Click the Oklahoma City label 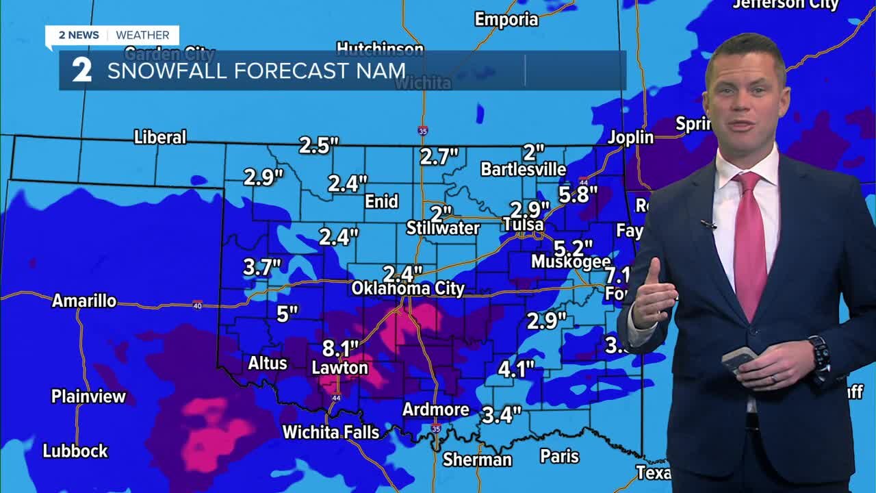click(x=408, y=289)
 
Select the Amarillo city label click(x=84, y=301)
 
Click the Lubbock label click(x=75, y=451)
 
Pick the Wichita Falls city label click(x=331, y=432)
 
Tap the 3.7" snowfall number click(x=263, y=267)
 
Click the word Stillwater click(x=443, y=228)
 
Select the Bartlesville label click(x=524, y=169)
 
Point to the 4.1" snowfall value click(x=516, y=370)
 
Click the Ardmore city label click(x=436, y=409)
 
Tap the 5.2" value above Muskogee click(x=573, y=248)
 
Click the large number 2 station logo click(x=82, y=71)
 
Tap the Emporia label click(x=506, y=19)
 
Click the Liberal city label click(x=160, y=137)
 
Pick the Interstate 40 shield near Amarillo click(x=197, y=304)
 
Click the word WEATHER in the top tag click(x=142, y=35)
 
